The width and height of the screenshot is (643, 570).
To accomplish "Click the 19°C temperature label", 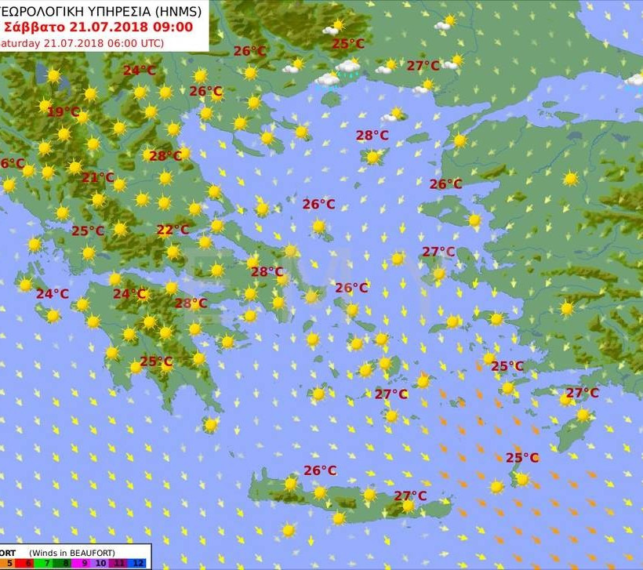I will [64, 112].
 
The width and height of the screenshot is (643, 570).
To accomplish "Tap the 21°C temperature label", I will [98, 178].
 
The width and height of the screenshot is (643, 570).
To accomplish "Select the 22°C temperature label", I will [173, 231].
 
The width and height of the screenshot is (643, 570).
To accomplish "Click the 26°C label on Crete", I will [320, 470].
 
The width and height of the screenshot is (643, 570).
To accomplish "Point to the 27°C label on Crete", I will [410, 496].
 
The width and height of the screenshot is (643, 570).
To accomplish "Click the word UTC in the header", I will [148, 42].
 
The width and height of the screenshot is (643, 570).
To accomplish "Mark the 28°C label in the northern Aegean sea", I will [372, 136].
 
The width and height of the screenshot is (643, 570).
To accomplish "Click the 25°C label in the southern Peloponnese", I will [155, 361].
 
